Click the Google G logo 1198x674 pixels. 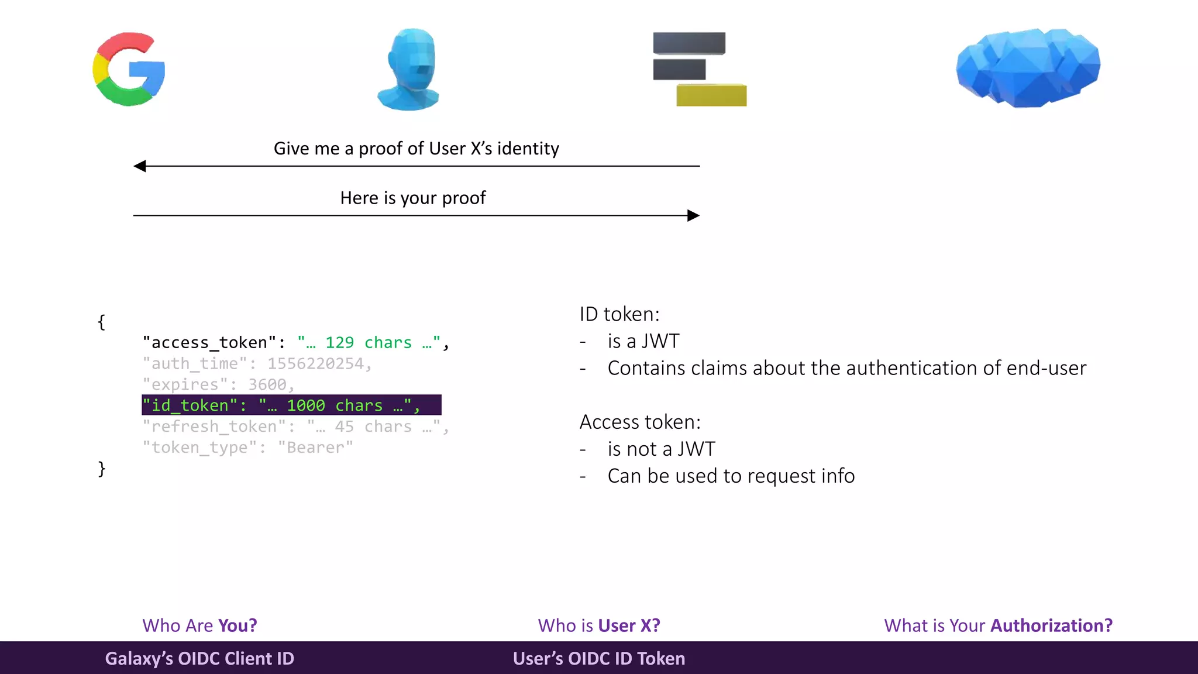129,69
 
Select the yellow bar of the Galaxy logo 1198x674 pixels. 711,95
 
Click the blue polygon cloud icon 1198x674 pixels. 1028,67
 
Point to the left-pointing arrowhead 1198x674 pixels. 140,166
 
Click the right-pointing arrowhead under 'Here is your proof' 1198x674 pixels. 693,215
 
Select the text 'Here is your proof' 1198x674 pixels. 413,198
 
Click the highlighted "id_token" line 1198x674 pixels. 291,405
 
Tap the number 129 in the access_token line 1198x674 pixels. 339,342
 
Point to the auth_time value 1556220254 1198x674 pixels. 316,363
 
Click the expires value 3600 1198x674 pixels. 267,384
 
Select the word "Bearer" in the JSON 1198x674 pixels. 315,448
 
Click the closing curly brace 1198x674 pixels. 102,468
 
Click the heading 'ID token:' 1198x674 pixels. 619,314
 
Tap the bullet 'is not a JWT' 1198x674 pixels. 661,449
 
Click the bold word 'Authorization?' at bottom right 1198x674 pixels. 1051,625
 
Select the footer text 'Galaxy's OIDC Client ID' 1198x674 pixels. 199,658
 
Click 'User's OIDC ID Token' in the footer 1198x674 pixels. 599,658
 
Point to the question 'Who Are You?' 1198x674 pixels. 199,625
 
